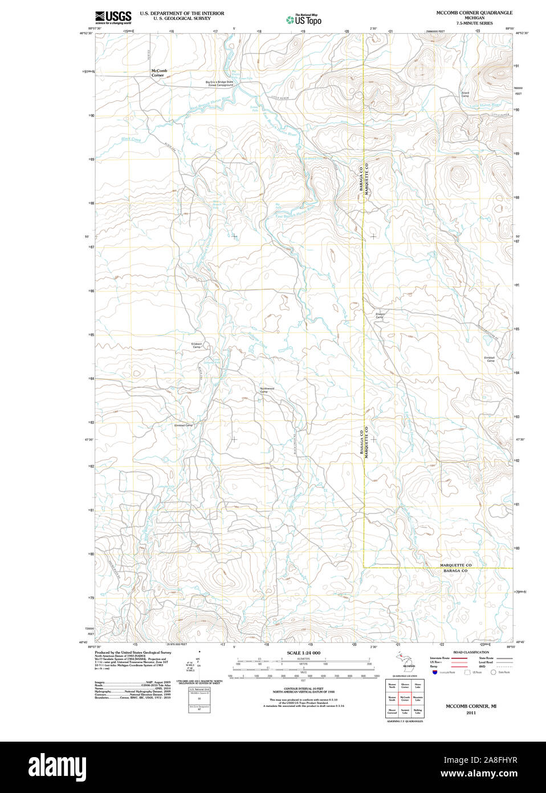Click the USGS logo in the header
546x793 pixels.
(113, 17)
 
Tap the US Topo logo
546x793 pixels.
(304, 20)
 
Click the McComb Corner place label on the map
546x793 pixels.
(158, 73)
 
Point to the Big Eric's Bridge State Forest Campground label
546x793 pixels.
(220, 83)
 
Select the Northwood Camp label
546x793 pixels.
(267, 390)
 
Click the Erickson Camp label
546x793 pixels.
(197, 345)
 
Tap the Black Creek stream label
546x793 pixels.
(131, 139)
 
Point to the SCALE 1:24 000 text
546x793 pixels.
(303, 653)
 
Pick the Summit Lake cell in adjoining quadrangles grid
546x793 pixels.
(405, 711)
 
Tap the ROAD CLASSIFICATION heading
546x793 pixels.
(471, 652)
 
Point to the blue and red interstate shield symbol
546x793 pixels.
(434, 672)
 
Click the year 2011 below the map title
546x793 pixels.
(471, 713)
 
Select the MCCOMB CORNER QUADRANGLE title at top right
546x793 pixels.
(474, 13)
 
